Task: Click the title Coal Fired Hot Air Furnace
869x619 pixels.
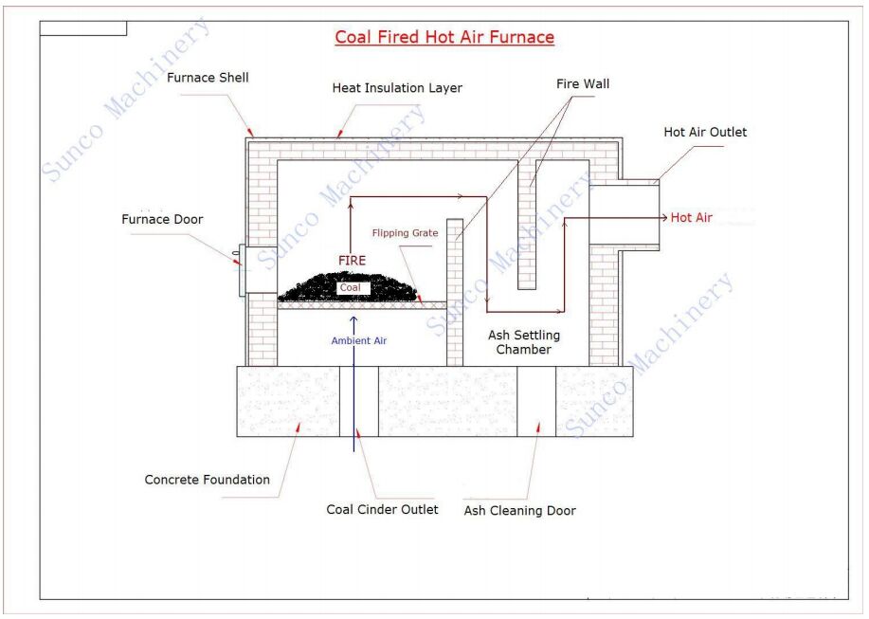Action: pyautogui.click(x=444, y=37)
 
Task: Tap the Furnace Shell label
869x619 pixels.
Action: pyautogui.click(x=208, y=78)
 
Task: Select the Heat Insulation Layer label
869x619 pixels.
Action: pyautogui.click(x=397, y=87)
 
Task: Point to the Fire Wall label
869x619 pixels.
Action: pyautogui.click(x=583, y=83)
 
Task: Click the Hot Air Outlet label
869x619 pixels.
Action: pyautogui.click(x=705, y=132)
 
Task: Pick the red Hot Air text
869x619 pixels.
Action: pyautogui.click(x=691, y=217)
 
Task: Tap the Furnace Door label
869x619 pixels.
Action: pyautogui.click(x=162, y=220)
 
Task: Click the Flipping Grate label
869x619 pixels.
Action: pyautogui.click(x=405, y=233)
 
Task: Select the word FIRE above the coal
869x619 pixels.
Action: pyautogui.click(x=352, y=261)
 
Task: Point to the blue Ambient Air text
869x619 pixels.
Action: pyautogui.click(x=358, y=341)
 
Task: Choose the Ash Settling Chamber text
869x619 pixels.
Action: pyautogui.click(x=524, y=342)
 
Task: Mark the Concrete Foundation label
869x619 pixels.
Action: pyautogui.click(x=208, y=480)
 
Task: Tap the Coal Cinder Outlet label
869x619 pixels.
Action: pyautogui.click(x=382, y=509)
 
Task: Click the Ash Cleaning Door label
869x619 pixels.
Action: pyautogui.click(x=520, y=510)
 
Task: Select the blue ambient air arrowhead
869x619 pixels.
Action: pyautogui.click(x=353, y=319)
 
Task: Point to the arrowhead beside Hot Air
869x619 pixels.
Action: pyautogui.click(x=664, y=218)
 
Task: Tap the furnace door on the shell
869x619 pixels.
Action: pyautogui.click(x=243, y=270)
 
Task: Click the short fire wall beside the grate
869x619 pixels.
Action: pyautogui.click(x=455, y=292)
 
